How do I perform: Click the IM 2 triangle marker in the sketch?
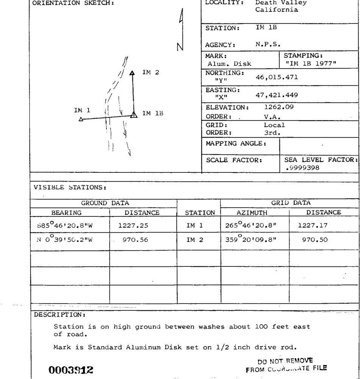click(x=132, y=73)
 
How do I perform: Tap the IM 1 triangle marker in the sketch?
click(x=81, y=119)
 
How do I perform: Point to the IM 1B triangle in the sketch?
click(x=133, y=114)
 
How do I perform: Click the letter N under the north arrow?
click(x=180, y=47)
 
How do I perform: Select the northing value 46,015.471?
click(x=277, y=77)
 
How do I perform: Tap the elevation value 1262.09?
click(x=279, y=107)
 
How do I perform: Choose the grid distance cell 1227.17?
click(x=313, y=226)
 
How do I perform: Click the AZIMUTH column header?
click(x=252, y=213)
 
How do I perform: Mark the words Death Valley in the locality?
click(x=281, y=3)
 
